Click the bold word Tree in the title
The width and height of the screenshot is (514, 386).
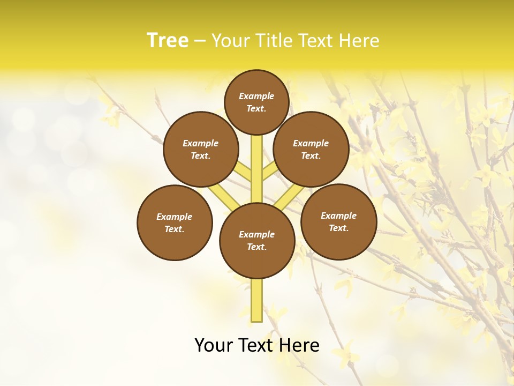[x=168, y=41]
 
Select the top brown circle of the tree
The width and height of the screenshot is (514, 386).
[x=256, y=102]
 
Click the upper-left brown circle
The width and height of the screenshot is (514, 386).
[x=201, y=149]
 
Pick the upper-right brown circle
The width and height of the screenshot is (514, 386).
[x=311, y=149]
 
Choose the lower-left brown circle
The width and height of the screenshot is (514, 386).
[x=175, y=222]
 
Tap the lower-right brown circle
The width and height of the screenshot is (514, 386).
[x=338, y=221]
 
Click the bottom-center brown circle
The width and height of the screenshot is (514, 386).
[x=257, y=241]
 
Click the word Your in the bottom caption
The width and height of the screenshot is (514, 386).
[x=213, y=345]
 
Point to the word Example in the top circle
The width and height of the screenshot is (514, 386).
[x=256, y=96]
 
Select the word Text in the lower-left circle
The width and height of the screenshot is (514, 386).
[x=175, y=229]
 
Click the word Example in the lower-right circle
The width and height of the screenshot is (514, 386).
[x=338, y=216]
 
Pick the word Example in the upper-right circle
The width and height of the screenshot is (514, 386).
[x=311, y=143]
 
